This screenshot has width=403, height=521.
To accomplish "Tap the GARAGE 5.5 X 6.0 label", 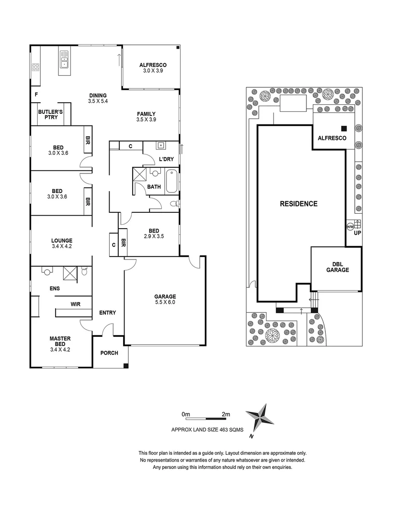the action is [x=165, y=300].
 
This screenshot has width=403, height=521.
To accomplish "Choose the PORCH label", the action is [x=109, y=353].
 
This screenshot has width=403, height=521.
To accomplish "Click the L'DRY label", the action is [x=167, y=159].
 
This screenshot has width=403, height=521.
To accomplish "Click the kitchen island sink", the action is [x=64, y=61].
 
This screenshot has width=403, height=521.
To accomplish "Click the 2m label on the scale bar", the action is [x=226, y=414].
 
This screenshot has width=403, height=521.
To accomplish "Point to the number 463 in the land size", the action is [x=223, y=429].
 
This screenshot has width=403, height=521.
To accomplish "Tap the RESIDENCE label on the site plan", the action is [x=299, y=204].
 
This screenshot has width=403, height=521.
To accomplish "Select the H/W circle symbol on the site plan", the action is [x=350, y=226].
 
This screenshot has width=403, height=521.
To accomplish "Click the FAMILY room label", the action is [x=146, y=117].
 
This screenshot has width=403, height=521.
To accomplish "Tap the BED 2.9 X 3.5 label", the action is [x=154, y=233].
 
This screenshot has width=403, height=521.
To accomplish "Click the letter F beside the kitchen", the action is [x=37, y=95].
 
